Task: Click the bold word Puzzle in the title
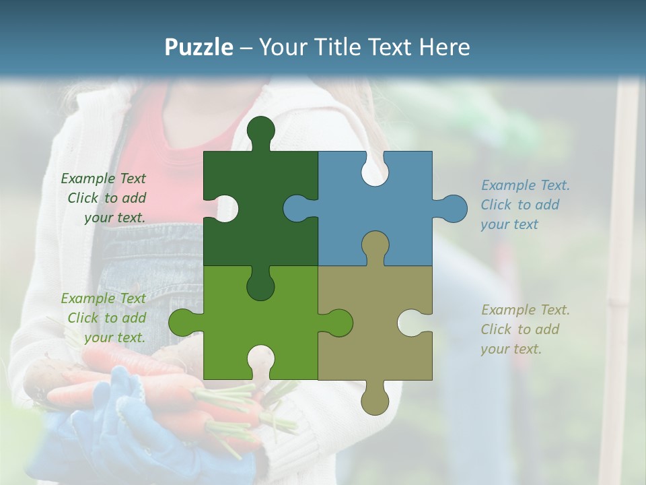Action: pos(199,47)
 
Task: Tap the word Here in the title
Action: pos(444,47)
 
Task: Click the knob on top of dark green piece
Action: pos(260,131)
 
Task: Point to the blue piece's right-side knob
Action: pos(452,208)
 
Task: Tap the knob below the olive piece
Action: pos(375,400)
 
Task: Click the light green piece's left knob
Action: pos(182,323)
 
